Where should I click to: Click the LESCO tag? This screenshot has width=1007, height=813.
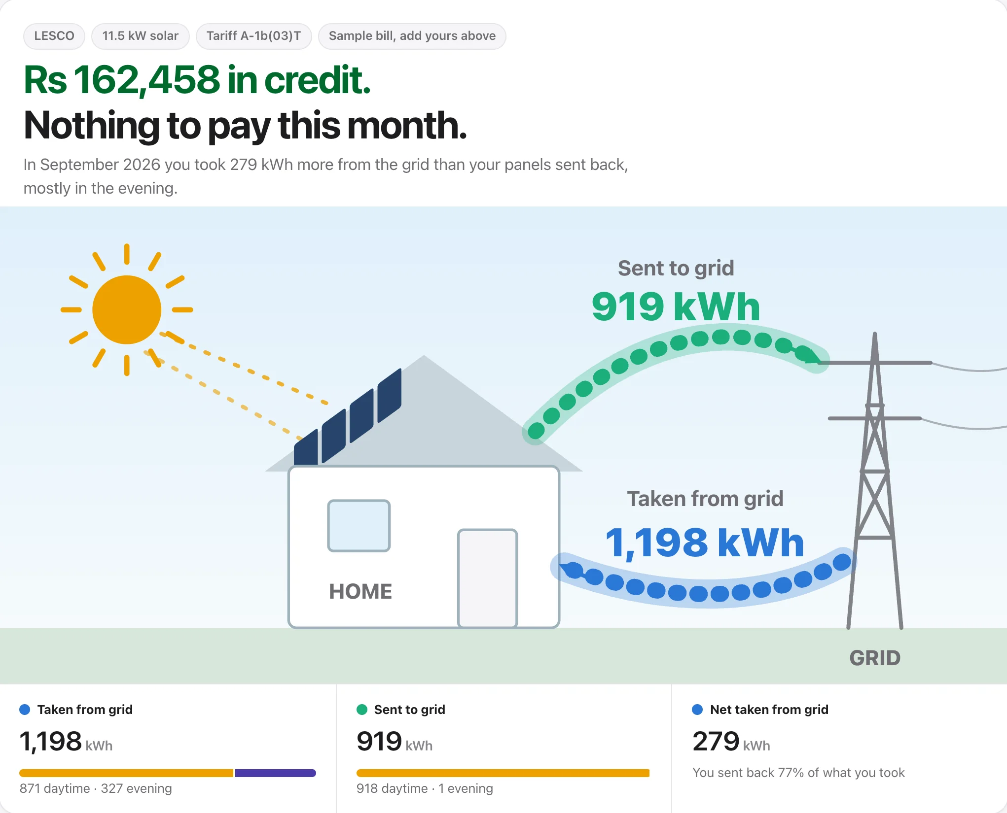(x=54, y=36)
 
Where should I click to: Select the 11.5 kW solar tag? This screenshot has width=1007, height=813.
(x=141, y=36)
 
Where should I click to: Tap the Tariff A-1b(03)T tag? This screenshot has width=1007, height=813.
(x=253, y=36)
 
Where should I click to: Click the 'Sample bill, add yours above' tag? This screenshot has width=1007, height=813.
(x=412, y=36)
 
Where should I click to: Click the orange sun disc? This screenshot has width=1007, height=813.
(x=127, y=309)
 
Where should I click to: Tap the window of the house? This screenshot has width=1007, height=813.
(x=359, y=526)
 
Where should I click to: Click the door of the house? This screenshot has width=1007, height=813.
(x=488, y=578)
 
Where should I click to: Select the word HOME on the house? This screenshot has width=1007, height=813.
(x=360, y=591)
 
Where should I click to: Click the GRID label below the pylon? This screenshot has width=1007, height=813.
(x=875, y=658)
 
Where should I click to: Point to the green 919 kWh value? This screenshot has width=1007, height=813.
(x=676, y=306)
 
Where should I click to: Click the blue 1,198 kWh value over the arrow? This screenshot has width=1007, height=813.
(x=705, y=542)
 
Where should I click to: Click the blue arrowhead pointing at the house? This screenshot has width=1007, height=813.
(x=571, y=570)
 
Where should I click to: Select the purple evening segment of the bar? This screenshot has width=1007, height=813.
(x=275, y=773)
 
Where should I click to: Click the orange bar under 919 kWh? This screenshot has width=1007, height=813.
(x=503, y=773)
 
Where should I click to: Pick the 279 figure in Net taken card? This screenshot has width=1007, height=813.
(x=716, y=741)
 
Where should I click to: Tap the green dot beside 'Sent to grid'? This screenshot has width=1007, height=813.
(x=362, y=710)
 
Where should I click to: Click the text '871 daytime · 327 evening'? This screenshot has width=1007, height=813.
(x=96, y=788)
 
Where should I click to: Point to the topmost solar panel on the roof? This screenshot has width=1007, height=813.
(x=390, y=396)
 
